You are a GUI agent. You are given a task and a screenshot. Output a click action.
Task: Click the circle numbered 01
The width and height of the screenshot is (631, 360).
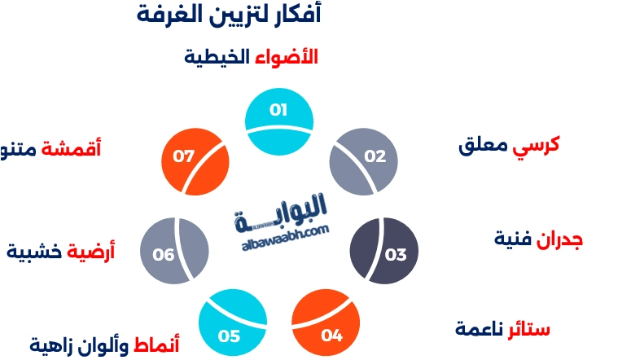pyautogui.click(x=279, y=121)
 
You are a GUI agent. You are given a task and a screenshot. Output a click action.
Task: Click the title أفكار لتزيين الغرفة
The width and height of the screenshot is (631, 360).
pyautogui.click(x=230, y=14)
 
